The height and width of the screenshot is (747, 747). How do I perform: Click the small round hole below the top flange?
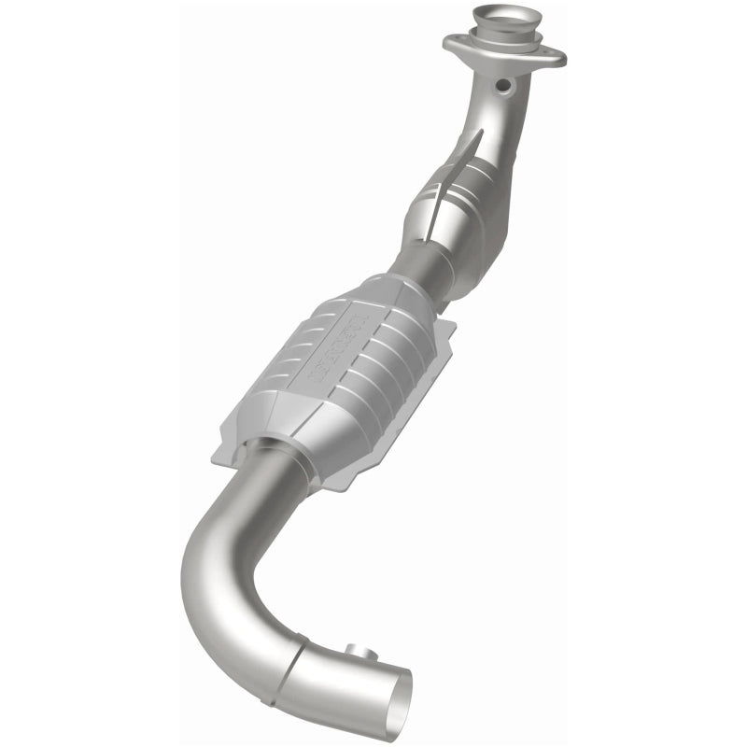coord(503,85)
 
